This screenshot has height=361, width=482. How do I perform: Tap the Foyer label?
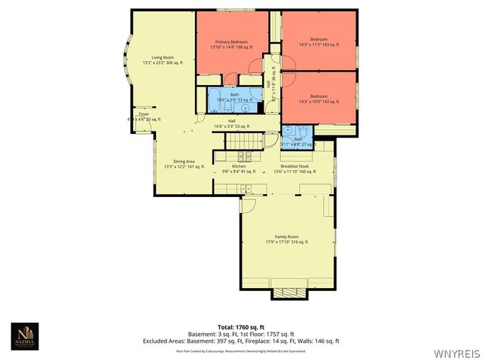[x=143, y=116]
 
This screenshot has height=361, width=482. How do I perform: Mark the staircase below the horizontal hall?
[x=245, y=141]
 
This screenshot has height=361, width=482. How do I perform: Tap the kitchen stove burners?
[x=244, y=157]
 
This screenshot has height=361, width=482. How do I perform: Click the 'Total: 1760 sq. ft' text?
[x=240, y=327]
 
